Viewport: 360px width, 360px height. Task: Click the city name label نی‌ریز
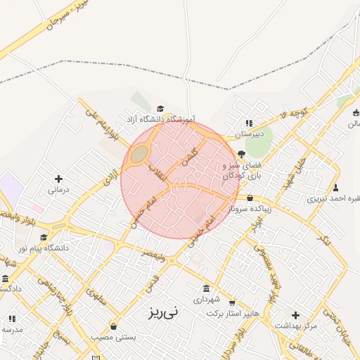(x=163, y=309)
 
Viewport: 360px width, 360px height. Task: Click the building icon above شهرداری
(x=206, y=288)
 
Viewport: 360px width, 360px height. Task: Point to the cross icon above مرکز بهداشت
(x=295, y=315)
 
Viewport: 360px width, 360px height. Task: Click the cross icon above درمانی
(x=58, y=179)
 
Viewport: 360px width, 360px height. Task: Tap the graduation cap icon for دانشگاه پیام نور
(x=44, y=237)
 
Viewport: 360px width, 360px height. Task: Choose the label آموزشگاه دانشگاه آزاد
(x=160, y=120)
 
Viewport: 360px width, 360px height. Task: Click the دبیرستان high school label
(x=248, y=134)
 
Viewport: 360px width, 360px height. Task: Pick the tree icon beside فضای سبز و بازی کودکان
(x=242, y=153)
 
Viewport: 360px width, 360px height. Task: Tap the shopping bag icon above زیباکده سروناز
(x=250, y=198)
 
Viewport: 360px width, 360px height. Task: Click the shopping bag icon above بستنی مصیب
(x=114, y=326)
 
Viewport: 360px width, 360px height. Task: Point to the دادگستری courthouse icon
(x=6, y=278)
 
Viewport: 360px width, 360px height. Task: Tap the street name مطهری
(x=96, y=295)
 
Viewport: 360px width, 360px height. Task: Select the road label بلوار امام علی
(x=96, y=119)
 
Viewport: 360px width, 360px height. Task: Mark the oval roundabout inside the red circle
(x=140, y=153)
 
